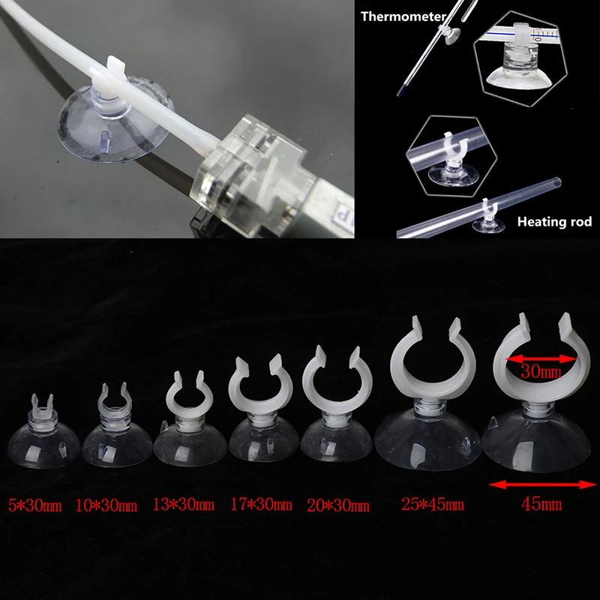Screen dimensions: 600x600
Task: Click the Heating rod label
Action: [x=554, y=222]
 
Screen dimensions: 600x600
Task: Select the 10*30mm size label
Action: [x=106, y=505]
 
